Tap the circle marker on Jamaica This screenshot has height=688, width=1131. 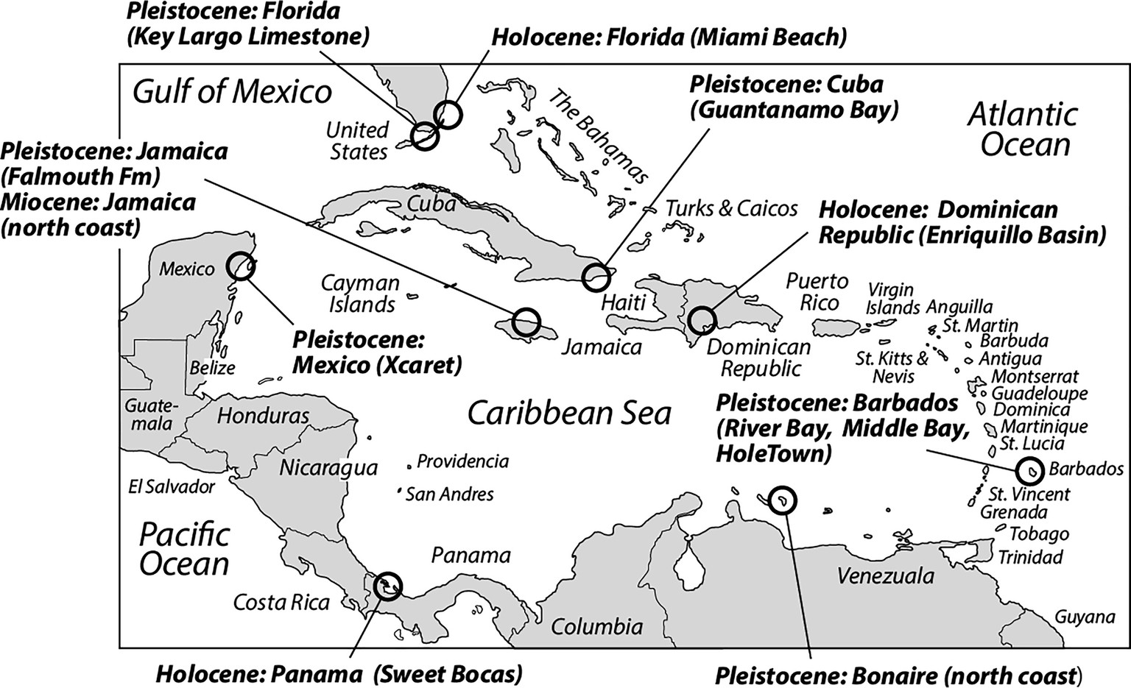pos(526,322)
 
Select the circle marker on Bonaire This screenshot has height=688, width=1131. pos(781,500)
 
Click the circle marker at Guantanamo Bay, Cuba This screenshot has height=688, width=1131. pos(596,277)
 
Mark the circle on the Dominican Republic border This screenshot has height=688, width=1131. pos(701,321)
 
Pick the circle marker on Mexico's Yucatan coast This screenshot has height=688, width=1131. pos(241,266)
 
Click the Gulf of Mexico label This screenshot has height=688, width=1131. pos(232,92)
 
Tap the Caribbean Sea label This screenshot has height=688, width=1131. pos(569,413)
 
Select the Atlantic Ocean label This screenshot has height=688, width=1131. pos(1023,130)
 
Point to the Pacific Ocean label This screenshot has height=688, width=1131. pos(185,549)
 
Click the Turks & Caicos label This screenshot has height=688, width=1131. pos(731,208)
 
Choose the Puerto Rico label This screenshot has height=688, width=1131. pos(817,291)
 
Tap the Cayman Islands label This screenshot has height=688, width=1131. pos(360,293)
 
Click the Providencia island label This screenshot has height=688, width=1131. pos(462,461)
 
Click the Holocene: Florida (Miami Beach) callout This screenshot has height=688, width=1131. pos(669,36)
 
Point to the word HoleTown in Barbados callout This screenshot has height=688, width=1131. pos(773,453)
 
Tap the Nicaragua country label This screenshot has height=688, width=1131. pos(328,467)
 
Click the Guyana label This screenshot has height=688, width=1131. pos(1085,617)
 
